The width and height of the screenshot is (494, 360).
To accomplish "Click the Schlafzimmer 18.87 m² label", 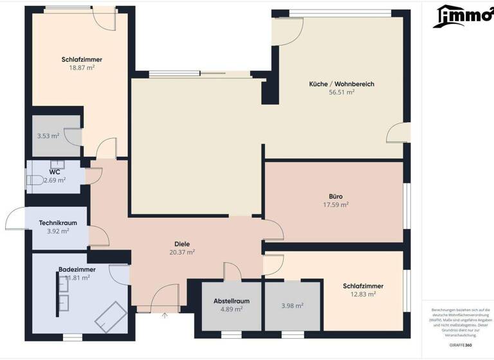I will point(82,59).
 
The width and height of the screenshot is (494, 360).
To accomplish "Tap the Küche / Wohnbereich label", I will point(342,84).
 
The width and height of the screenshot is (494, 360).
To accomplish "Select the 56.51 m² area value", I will point(342,92).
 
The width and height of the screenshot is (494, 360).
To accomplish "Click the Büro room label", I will point(335,197).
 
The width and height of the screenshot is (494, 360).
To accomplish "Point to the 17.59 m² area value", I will point(335,205).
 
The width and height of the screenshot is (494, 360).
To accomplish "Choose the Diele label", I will point(181,244).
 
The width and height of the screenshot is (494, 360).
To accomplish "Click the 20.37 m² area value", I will point(181,252).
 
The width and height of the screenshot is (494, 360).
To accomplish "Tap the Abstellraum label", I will point(232,301).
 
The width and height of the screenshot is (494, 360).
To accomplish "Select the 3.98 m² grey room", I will point(292,307).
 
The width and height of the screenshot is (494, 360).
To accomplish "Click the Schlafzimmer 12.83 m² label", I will point(363,286).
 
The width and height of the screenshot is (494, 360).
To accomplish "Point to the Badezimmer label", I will point(77,269).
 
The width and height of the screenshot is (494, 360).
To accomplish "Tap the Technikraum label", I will point(58,223).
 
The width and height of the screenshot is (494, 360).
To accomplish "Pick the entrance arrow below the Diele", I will point(164,316).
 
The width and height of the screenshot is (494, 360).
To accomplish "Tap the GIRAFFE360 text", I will point(460,345).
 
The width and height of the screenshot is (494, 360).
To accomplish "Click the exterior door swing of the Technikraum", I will point(16,220).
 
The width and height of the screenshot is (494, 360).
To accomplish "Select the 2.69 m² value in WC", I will point(55,180).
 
